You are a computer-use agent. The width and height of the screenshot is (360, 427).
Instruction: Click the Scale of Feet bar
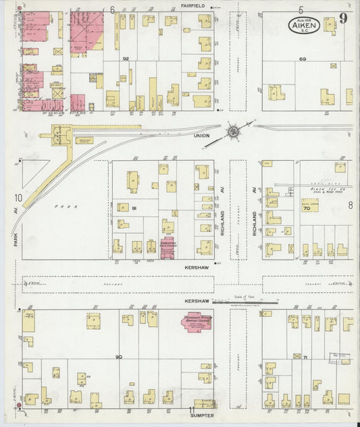click(x=243, y=302)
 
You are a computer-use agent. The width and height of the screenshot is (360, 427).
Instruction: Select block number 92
click(x=126, y=59)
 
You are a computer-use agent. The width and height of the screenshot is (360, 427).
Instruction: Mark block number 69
click(x=303, y=59)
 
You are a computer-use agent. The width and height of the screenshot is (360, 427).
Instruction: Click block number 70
click(x=306, y=209)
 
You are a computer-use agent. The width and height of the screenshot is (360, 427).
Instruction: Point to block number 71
click(x=305, y=357)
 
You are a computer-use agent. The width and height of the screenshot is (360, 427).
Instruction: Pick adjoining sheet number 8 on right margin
click(x=351, y=204)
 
